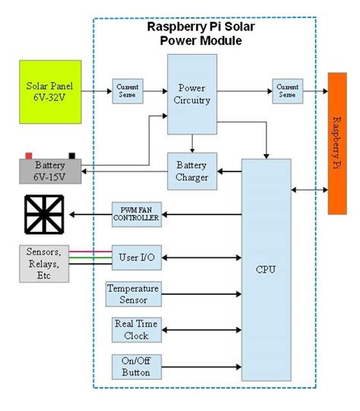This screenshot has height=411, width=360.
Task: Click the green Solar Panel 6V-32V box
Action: click(49, 92)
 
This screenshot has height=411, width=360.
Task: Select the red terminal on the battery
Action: click(29, 155)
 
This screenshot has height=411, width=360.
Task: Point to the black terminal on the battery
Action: click(72, 156)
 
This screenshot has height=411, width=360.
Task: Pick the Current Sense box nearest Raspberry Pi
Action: click(286, 92)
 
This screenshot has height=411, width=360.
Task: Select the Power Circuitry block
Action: click(191, 94)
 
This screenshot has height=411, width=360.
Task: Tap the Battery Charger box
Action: click(191, 171)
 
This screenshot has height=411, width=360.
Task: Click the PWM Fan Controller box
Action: click(137, 215)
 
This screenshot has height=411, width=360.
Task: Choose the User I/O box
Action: click(137, 258)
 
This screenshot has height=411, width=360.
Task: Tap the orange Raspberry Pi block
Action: click(342, 144)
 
